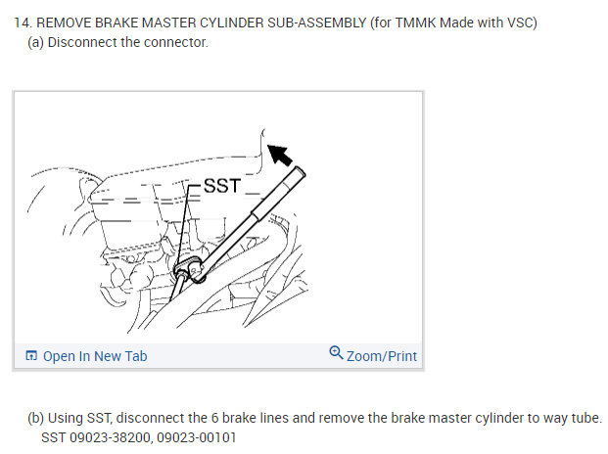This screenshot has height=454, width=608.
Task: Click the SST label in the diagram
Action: [221, 185]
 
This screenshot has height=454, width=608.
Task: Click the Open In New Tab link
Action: [95, 355]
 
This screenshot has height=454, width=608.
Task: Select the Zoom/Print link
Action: [382, 355]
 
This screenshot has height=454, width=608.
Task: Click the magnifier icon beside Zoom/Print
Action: [337, 354]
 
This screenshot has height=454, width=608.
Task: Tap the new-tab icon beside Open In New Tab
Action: [31, 356]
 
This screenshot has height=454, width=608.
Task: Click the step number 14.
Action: [22, 23]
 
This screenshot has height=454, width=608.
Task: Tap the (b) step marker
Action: [36, 418]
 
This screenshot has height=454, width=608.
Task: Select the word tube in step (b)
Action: [585, 418]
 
